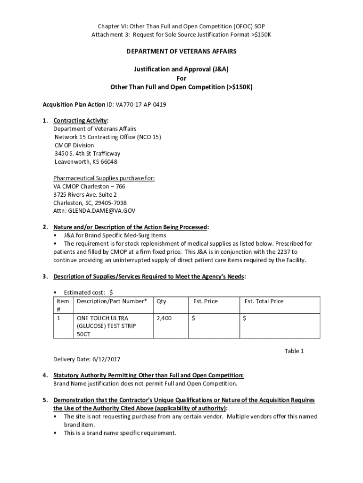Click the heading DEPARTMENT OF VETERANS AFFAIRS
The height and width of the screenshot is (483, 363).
point(181,51)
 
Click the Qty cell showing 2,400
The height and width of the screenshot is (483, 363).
point(164,318)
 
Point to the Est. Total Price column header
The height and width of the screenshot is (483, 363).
point(264,301)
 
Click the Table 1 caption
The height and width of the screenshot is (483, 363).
point(294,351)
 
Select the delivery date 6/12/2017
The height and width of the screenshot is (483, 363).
point(106,359)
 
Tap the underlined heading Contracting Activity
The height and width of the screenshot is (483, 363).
point(81,121)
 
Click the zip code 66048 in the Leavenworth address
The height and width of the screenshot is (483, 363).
point(109,162)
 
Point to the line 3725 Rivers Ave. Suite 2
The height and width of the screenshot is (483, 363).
point(85,195)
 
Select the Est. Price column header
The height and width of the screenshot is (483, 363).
point(205,301)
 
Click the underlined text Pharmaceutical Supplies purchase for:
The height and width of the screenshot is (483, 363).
point(104,178)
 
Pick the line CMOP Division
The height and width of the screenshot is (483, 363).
point(74,145)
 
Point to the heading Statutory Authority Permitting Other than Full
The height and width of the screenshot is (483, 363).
point(148,375)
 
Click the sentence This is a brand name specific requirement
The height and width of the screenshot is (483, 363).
point(120,433)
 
